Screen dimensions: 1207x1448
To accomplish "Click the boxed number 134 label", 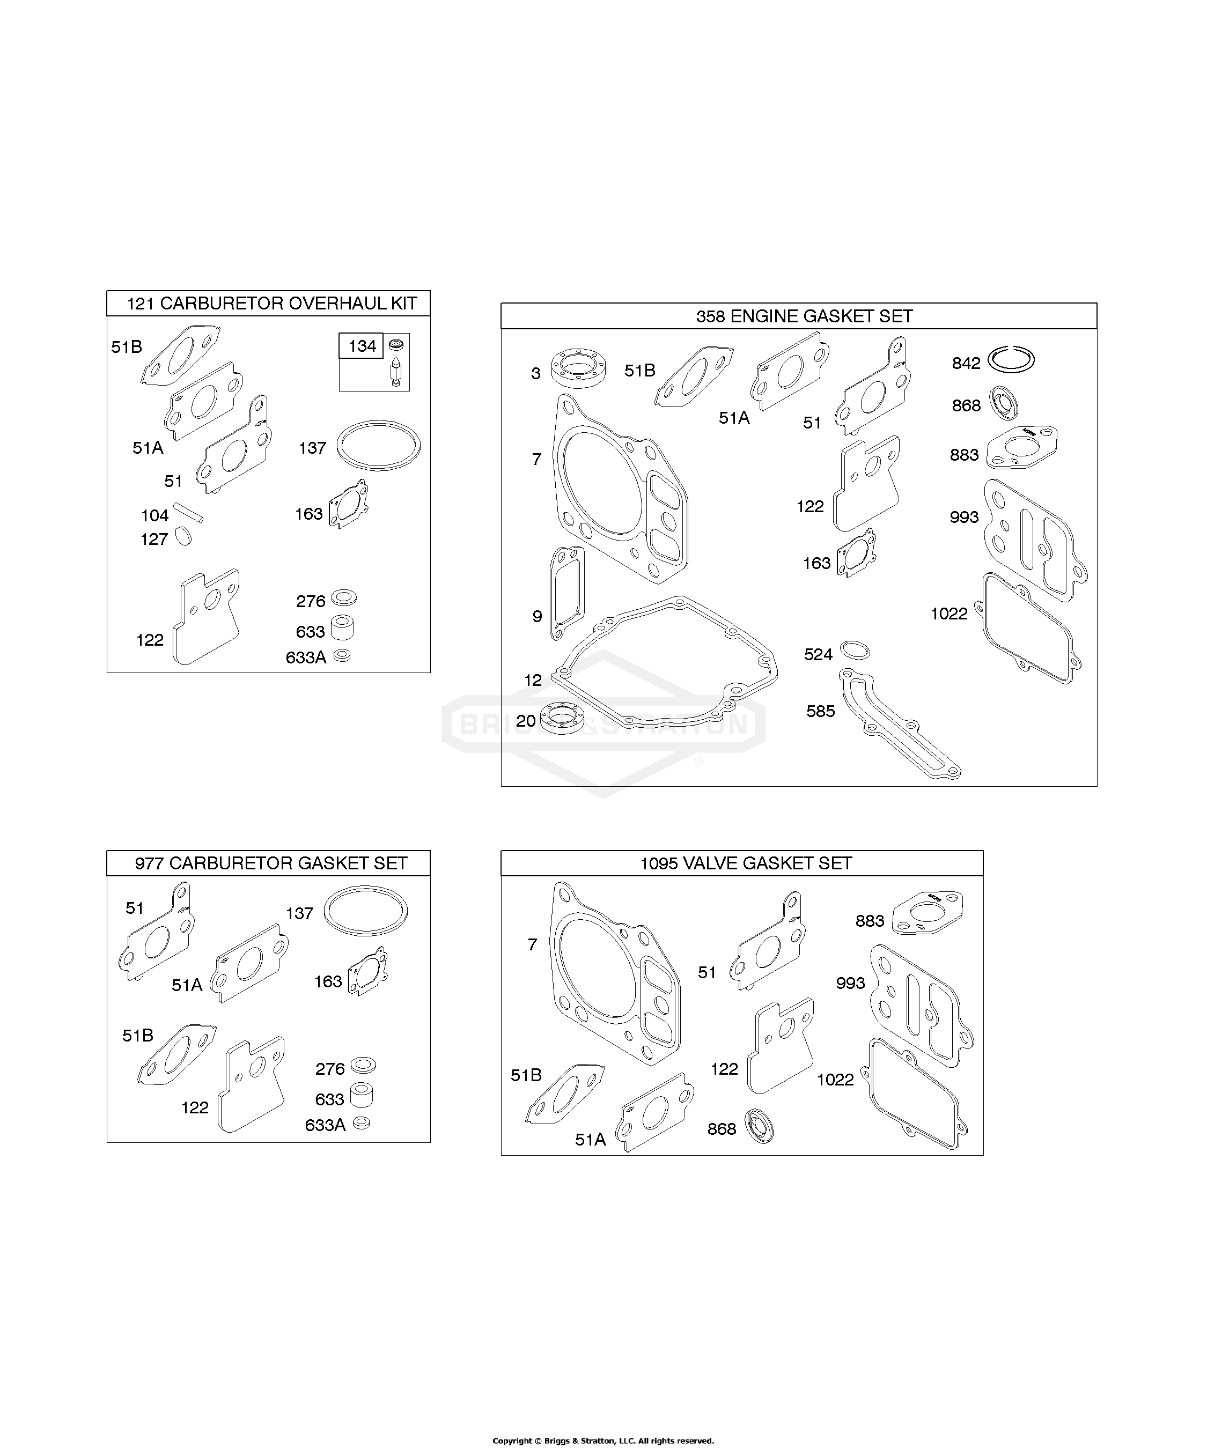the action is coord(362,345).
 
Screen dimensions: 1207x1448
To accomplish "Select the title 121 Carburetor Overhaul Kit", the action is coord(272,304).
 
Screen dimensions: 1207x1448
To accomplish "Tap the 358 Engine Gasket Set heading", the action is coord(804,316).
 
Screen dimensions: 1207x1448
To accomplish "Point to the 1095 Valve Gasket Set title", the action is coord(746,863).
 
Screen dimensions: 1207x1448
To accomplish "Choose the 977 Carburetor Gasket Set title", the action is coord(271,863).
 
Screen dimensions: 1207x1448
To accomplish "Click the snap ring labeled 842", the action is coord(1011,359).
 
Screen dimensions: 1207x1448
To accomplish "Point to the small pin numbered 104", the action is coord(188,512).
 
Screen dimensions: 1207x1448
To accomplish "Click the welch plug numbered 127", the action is coord(183,536).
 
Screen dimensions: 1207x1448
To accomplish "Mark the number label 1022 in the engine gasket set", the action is coord(949,613).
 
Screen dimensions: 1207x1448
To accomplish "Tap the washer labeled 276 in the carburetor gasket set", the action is coord(363,1065).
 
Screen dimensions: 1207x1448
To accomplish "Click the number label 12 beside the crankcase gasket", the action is coord(533,680).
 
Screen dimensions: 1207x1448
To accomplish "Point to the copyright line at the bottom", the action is coord(603,1440).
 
